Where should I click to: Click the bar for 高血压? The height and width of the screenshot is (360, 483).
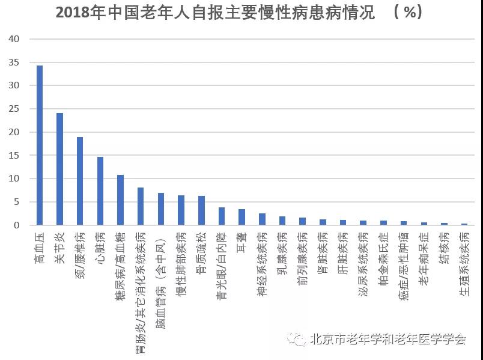[40, 145]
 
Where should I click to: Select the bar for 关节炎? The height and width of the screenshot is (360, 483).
[59, 169]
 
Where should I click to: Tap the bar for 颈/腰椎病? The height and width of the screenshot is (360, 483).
[80, 181]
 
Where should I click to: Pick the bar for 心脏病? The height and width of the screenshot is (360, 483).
[100, 191]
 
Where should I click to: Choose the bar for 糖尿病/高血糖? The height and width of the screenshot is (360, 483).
[120, 200]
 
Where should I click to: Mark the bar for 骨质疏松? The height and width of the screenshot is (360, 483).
[201, 210]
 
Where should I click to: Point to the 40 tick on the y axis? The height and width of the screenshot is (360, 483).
[14, 39]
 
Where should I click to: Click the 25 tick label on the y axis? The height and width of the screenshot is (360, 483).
[14, 109]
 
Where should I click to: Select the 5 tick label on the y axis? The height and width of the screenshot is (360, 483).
[17, 202]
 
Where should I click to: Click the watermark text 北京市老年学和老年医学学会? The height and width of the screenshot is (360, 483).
[388, 340]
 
